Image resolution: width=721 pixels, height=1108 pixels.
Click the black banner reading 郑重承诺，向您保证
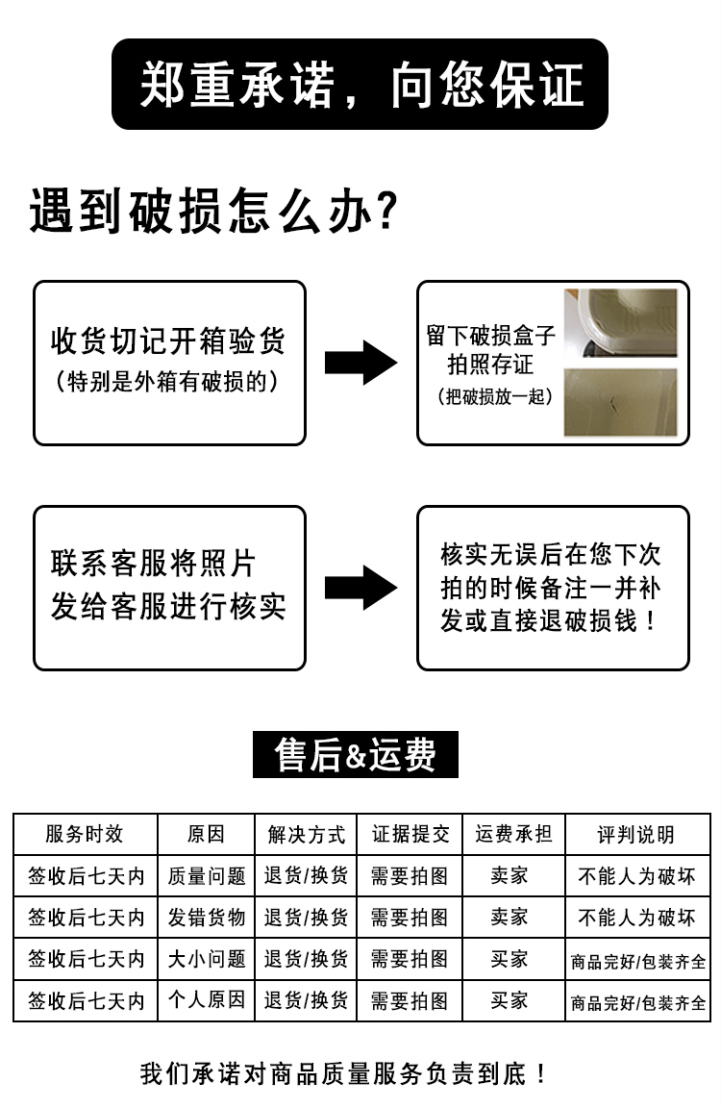[x=360, y=85]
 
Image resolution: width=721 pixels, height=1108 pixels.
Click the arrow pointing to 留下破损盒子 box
[x=360, y=363]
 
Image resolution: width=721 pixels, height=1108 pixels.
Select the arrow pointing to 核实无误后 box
[x=360, y=588]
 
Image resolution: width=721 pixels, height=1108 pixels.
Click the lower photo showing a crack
[x=620, y=402]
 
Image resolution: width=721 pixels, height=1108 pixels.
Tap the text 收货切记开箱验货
[x=168, y=341]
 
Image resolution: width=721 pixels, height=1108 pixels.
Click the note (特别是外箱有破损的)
[x=168, y=382]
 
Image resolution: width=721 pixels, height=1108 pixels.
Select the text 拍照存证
[x=490, y=365]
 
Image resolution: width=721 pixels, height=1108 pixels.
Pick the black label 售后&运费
[x=355, y=755]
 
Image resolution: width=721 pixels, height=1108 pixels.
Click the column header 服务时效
[x=86, y=834]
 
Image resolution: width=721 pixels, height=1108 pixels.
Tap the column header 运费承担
[x=513, y=834]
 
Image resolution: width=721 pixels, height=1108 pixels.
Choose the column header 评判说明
[x=636, y=835]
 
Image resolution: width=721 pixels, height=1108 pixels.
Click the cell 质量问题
[x=207, y=876]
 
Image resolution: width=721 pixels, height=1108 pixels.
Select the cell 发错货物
[x=207, y=918]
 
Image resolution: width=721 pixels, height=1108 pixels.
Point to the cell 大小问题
[x=207, y=959]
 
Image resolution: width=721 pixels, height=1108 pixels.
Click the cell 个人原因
[x=207, y=1000]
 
